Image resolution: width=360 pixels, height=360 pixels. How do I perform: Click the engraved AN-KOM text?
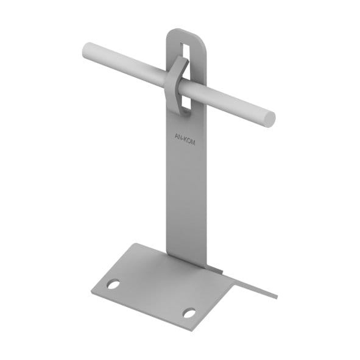pyautogui.click(x=185, y=139)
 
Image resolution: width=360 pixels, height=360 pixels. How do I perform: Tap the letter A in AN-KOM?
pyautogui.click(x=176, y=136)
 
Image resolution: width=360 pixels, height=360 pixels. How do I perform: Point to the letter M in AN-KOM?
pyautogui.click(x=193, y=143)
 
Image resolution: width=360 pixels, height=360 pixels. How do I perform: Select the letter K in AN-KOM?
pyautogui.click(x=186, y=140)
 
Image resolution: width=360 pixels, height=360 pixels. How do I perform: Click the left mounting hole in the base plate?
pyautogui.click(x=113, y=284)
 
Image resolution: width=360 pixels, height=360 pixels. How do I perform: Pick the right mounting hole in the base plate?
pyautogui.click(x=189, y=313)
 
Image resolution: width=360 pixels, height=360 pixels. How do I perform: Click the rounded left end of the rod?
pyautogui.click(x=85, y=51)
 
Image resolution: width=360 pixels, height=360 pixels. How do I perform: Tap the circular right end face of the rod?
pyautogui.click(x=269, y=119)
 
